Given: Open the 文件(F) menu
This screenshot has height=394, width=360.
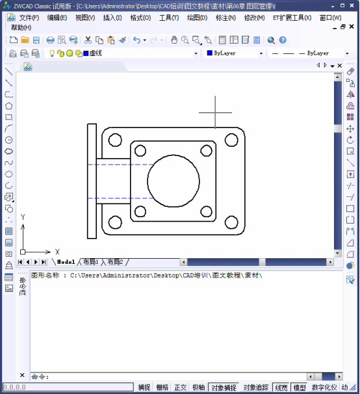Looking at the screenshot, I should click(x=29, y=18).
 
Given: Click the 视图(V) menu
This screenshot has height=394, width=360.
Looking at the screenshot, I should click(x=84, y=18).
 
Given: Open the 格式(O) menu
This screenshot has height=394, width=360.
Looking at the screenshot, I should click(x=140, y=18).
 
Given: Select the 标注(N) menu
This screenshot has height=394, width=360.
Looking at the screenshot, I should click(x=225, y=18).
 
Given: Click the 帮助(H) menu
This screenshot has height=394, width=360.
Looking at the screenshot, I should click(x=21, y=27).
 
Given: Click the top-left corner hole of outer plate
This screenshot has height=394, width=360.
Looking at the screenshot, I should click(x=114, y=140).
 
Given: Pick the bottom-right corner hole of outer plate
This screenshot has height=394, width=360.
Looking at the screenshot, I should click(x=231, y=222).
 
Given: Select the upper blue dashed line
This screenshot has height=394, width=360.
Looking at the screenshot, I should click(x=117, y=164).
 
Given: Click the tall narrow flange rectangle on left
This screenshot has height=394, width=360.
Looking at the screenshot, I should click(x=92, y=181).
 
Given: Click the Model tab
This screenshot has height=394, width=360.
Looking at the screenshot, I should click(x=66, y=261).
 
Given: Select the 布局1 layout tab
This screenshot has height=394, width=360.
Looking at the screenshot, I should click(x=90, y=261).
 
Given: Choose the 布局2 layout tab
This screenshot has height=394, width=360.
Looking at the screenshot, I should click(x=115, y=261).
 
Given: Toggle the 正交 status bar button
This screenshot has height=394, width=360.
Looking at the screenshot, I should click(x=180, y=387).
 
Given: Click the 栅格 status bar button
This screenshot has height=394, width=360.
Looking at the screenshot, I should click(x=162, y=387).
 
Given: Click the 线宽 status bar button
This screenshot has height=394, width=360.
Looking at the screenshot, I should click(x=281, y=387).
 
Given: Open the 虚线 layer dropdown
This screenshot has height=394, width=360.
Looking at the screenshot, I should click(x=196, y=53).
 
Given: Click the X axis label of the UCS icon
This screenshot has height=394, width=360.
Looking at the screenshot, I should click(x=57, y=252).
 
